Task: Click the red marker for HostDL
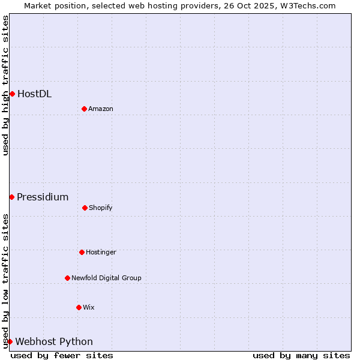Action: click(12, 94)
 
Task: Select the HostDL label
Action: click(34, 94)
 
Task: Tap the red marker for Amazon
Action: click(84, 109)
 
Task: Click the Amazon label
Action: click(101, 109)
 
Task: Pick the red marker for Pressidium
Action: click(11, 197)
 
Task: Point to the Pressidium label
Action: click(43, 197)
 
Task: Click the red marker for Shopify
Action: click(85, 208)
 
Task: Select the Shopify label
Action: click(101, 208)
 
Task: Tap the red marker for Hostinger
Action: click(82, 252)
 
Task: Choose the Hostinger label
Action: click(101, 252)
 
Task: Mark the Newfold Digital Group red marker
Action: click(67, 278)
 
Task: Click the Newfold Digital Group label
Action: click(106, 278)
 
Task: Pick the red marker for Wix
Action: click(79, 307)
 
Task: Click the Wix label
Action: click(89, 307)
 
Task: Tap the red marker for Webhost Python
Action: click(10, 341)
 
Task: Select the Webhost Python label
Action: click(54, 341)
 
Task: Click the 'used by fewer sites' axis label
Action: click(62, 355)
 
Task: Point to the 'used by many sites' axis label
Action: click(301, 355)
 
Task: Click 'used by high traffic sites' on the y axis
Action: click(5, 85)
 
